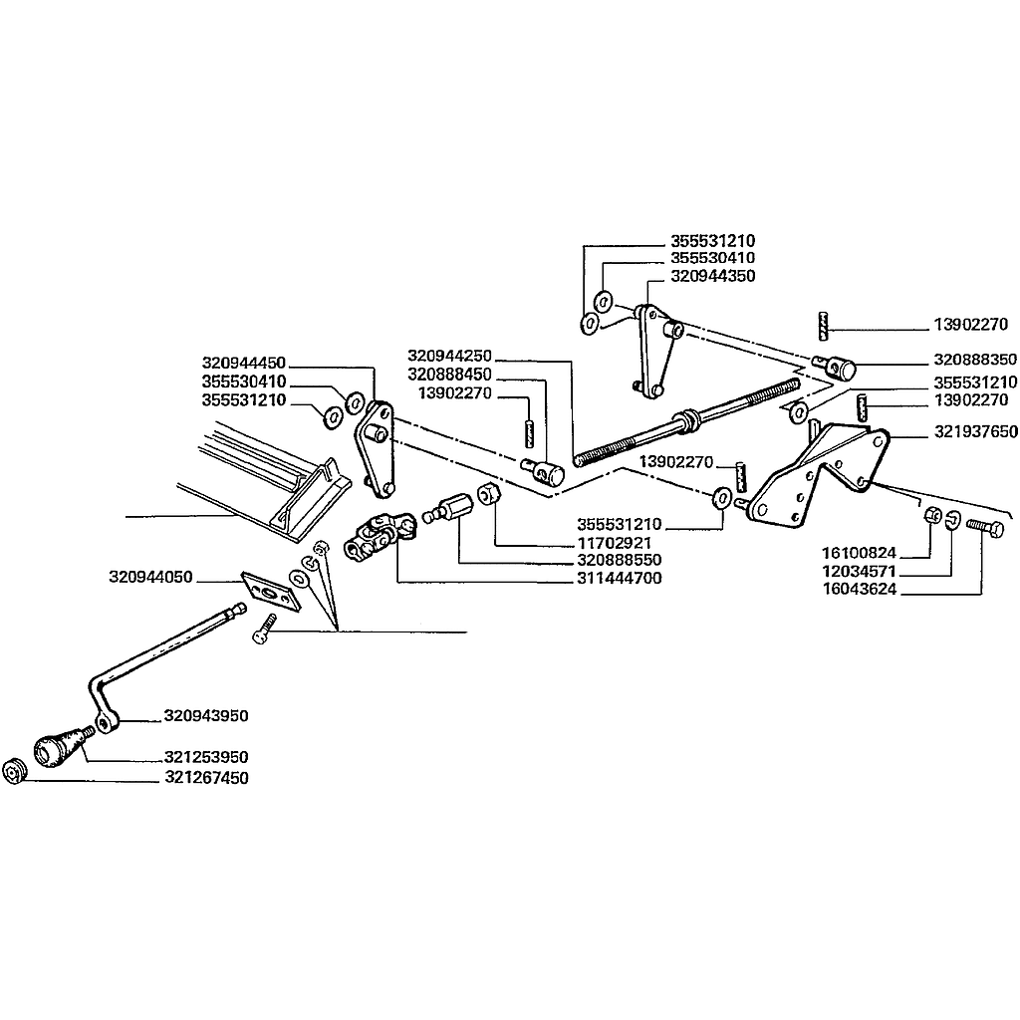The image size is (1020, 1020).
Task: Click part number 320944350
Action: (x=713, y=276)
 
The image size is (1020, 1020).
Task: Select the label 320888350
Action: (x=975, y=360)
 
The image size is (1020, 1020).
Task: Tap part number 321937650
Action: (x=976, y=432)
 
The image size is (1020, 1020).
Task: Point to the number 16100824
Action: (x=859, y=554)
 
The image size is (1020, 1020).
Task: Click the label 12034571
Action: (x=859, y=572)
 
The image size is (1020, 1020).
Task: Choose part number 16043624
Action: (x=859, y=590)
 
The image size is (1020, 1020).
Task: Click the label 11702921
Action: (x=614, y=543)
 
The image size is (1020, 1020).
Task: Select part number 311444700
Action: (x=620, y=579)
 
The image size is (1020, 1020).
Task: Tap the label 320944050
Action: (x=151, y=577)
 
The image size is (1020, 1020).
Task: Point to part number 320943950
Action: (x=206, y=716)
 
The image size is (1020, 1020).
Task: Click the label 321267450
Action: (x=207, y=778)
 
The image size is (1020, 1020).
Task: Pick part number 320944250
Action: (x=449, y=357)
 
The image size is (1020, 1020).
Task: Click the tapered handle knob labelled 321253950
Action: (x=61, y=747)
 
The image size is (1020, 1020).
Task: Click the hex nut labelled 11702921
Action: (x=488, y=494)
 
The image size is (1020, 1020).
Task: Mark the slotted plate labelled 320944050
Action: (x=272, y=592)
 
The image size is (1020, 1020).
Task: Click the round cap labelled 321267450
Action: (x=13, y=772)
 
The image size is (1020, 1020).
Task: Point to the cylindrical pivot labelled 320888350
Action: (x=836, y=367)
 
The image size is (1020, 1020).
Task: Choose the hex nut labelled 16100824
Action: (x=932, y=515)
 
